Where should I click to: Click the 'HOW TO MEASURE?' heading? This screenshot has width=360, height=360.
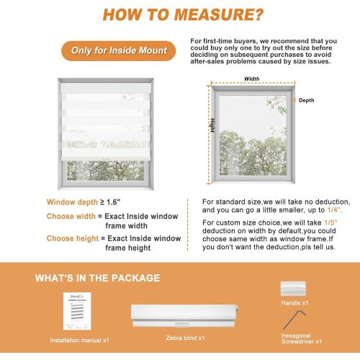[x=180, y=15]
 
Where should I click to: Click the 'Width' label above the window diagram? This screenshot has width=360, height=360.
[x=252, y=78]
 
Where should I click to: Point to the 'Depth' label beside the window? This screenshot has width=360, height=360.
[x=306, y=101]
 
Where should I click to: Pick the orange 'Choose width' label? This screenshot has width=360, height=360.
[x=71, y=216]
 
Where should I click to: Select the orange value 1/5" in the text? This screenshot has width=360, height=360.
[x=322, y=225]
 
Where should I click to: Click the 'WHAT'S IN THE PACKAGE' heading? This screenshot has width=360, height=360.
[x=108, y=277]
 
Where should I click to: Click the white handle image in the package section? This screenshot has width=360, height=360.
[x=293, y=288]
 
